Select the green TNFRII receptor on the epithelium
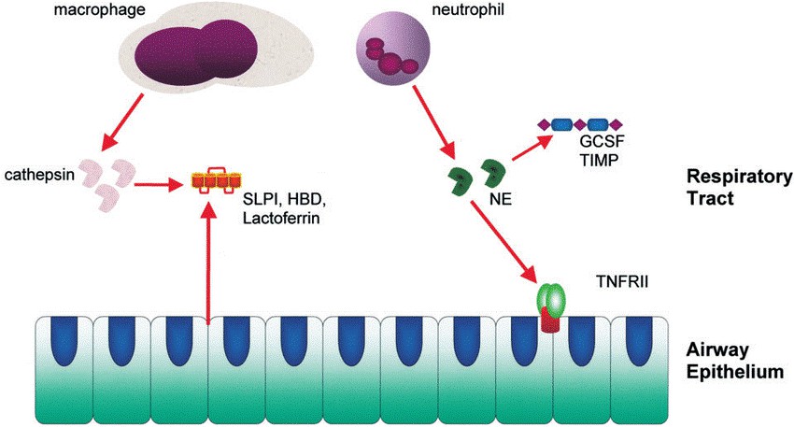point(551,299)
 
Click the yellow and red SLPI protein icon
point(210,179)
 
